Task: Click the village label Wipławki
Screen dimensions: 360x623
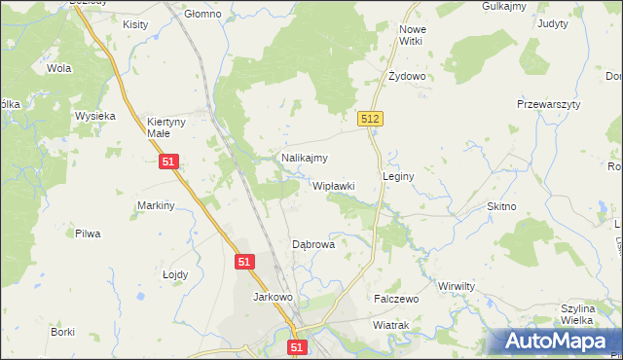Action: coord(333,186)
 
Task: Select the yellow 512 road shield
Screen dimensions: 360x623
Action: coord(370,119)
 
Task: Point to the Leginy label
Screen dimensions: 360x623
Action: coord(399,177)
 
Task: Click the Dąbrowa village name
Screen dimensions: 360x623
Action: coord(313,245)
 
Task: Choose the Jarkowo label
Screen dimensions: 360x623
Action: coord(273,297)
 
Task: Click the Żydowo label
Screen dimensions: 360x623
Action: coord(407,76)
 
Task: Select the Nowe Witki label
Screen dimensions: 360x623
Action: coord(413,35)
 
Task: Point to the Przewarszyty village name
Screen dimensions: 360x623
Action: coord(548,104)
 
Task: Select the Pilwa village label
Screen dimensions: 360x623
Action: coord(88,234)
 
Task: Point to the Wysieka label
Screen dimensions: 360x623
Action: coord(95,116)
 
